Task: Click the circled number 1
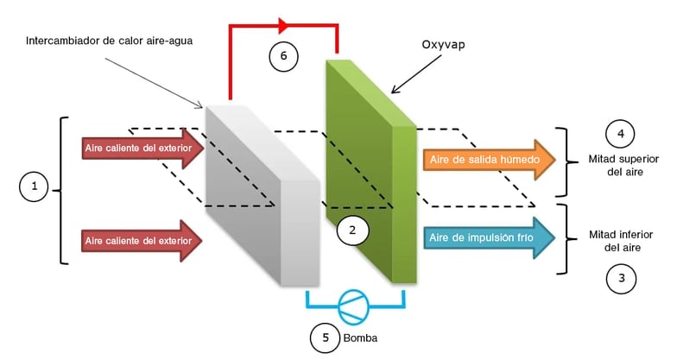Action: [x=33, y=186]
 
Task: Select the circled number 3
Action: [x=621, y=278]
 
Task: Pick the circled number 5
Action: [x=325, y=339]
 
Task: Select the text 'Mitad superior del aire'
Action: [x=621, y=166]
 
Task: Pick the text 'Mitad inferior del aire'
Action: [x=621, y=241]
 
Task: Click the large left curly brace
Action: [x=61, y=188]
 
